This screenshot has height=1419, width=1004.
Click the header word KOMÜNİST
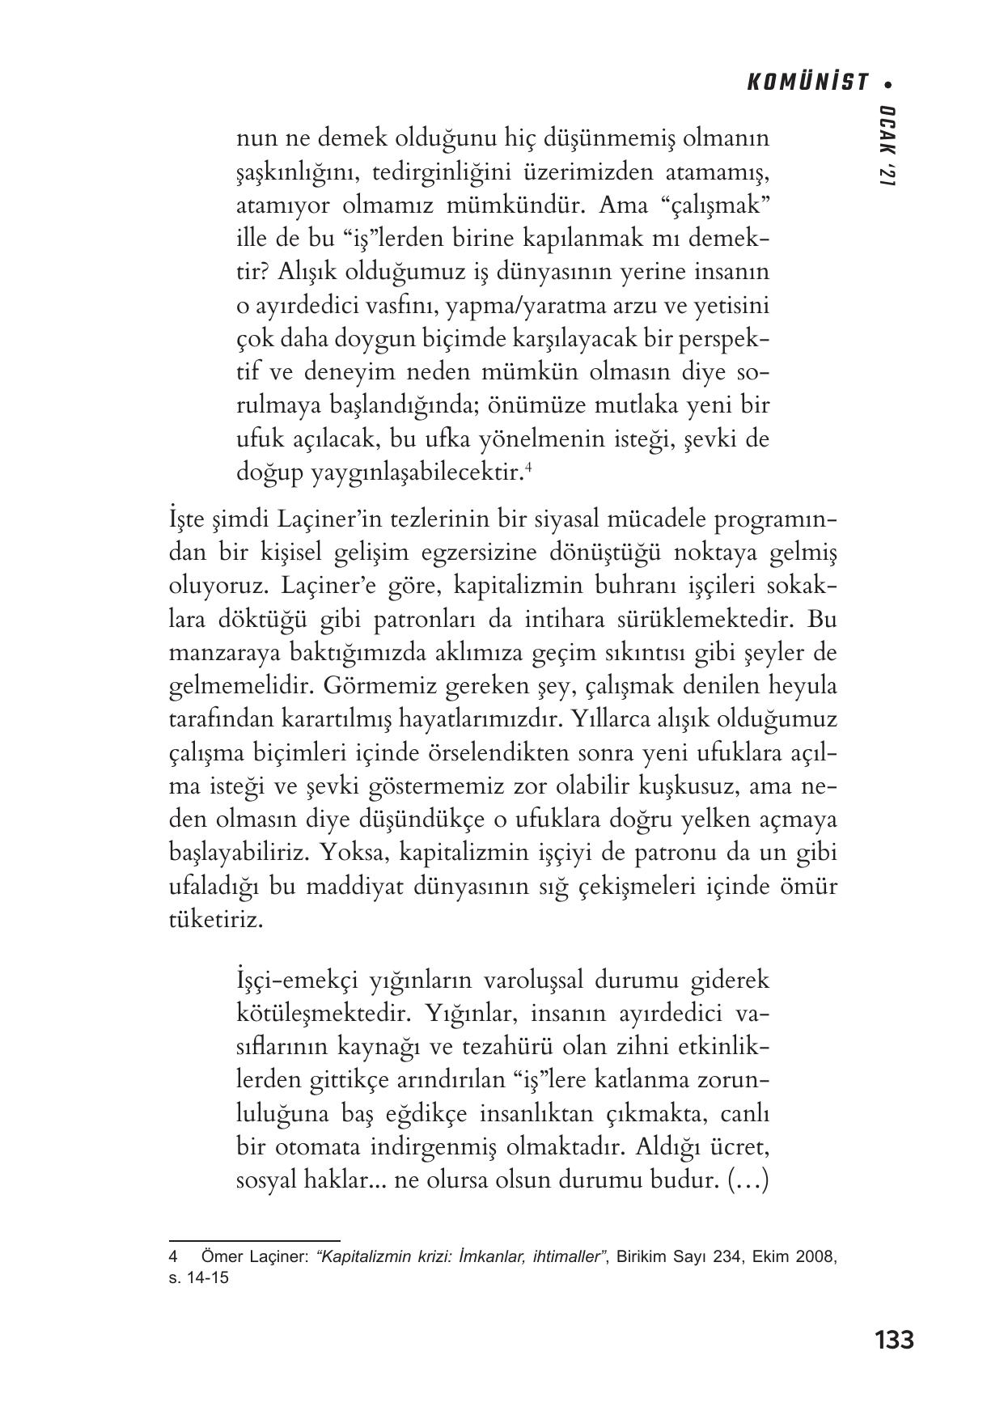click(806, 83)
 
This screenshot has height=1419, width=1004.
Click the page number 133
click(894, 1340)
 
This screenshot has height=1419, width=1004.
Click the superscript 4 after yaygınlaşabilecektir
click(527, 466)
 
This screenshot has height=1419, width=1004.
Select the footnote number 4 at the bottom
click(172, 1257)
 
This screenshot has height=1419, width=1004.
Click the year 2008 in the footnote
click(815, 1257)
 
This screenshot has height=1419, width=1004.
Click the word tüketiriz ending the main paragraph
click(214, 920)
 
